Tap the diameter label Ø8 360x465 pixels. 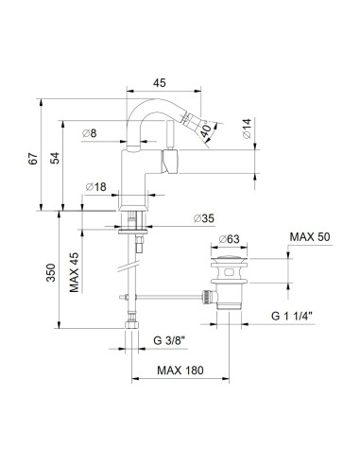tap(91, 132)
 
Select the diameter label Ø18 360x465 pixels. tap(95, 186)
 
